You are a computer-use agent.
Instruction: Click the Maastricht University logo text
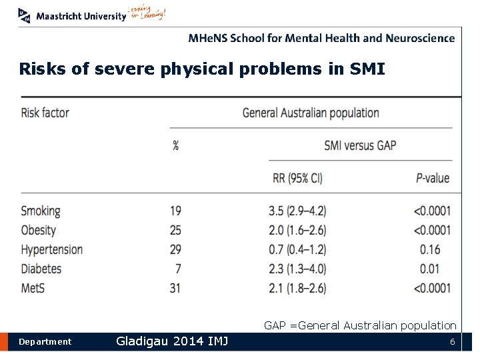pos(81,16)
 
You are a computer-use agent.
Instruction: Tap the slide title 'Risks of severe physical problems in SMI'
pos(202,69)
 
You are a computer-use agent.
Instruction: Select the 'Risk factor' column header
pos(45,113)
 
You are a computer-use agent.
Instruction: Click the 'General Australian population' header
pos(311,113)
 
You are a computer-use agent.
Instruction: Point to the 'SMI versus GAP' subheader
pos(360,145)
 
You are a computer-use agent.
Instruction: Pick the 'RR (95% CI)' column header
pos(299,177)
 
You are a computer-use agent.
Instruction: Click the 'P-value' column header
pos(432,178)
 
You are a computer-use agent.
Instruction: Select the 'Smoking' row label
pos(41,211)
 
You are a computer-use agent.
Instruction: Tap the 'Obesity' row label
pos(39,231)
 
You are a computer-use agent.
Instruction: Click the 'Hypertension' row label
pos(52,250)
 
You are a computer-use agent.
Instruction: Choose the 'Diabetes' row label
pos(41,269)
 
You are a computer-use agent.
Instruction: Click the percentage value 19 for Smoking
pos(175,211)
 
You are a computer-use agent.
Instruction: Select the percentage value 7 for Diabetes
pos(177,269)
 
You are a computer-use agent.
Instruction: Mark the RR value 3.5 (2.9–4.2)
pos(297,211)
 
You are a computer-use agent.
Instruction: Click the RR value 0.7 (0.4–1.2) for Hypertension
pos(297,250)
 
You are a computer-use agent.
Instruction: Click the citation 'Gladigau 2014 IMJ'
pos(172,341)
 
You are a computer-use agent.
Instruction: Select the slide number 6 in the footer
pos(452,342)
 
